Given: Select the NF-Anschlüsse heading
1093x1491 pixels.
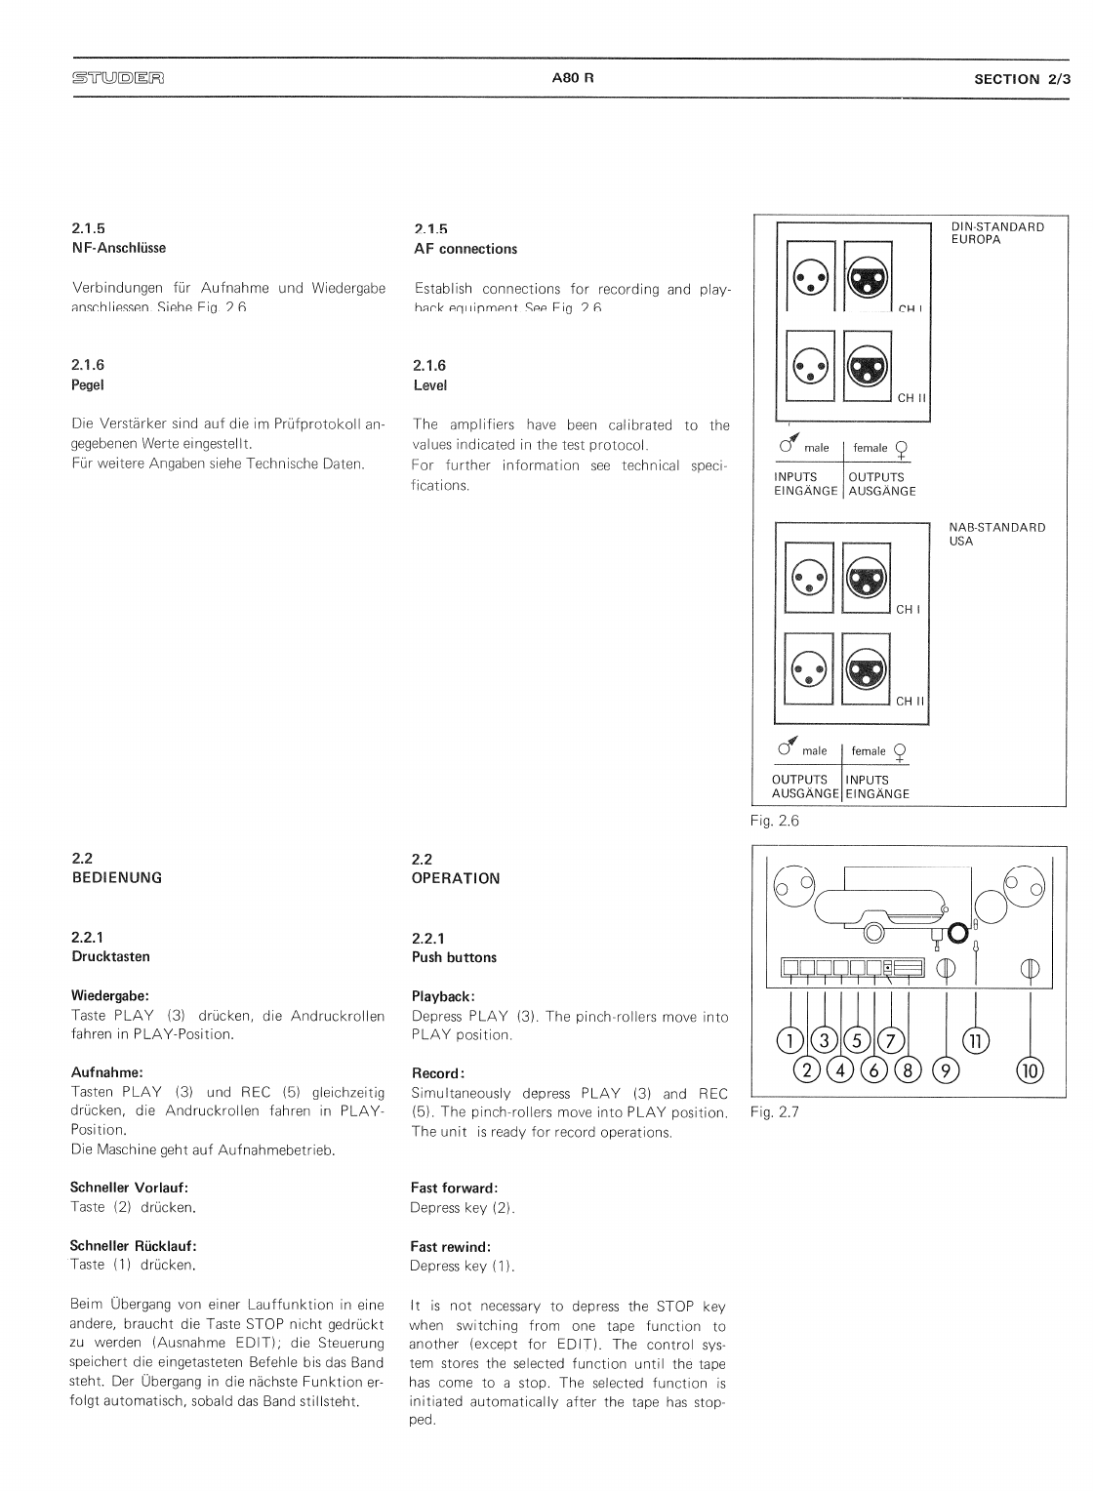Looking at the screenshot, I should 119,248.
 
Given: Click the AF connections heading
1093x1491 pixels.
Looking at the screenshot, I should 466,249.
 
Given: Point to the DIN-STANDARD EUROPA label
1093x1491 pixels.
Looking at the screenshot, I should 996,233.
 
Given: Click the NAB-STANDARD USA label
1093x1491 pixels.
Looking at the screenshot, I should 996,534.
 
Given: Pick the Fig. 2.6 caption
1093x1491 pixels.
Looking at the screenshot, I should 774,821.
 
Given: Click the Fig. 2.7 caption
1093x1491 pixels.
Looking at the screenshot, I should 774,1111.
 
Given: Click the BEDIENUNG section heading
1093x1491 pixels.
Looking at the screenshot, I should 117,877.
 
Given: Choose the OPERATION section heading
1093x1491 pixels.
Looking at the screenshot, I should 456,878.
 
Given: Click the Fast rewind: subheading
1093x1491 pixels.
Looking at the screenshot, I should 450,1246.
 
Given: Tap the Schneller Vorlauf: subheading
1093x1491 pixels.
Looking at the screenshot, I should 129,1188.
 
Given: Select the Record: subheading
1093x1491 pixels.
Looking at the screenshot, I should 437,1073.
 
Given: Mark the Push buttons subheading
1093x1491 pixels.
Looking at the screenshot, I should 454,957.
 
